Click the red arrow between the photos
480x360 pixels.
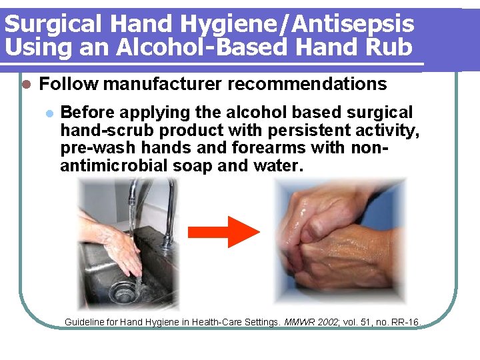223,232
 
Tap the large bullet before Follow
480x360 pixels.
27,85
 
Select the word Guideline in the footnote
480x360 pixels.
85,323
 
